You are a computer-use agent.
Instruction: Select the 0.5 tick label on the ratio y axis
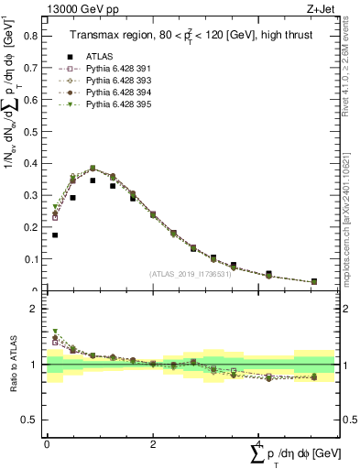coord(31,420)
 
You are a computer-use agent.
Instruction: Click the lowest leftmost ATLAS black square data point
coord(55,234)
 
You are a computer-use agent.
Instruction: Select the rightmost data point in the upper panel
coord(314,282)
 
